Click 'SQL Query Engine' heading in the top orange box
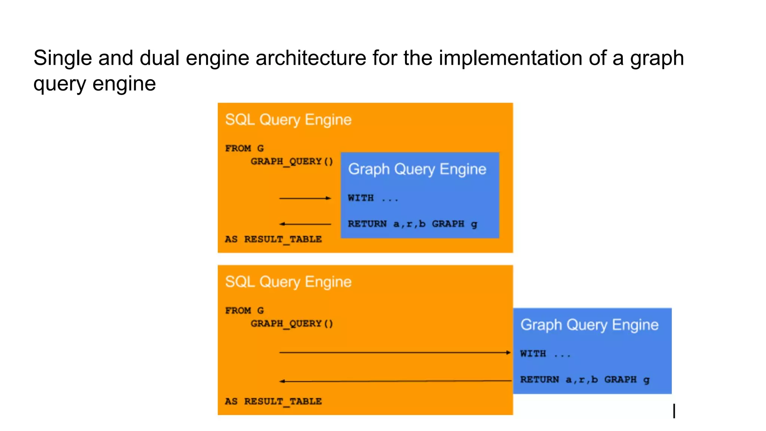[288, 120]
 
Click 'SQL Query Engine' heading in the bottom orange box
[288, 282]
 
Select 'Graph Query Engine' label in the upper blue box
[417, 169]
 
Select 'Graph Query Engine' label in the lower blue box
[589, 325]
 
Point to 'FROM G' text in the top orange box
[244, 149]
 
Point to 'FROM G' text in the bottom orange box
[244, 311]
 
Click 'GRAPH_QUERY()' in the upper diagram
[291, 162]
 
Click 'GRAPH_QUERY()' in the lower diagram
[291, 324]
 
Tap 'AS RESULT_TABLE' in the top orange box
[273, 239]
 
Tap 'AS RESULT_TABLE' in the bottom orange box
[273, 401]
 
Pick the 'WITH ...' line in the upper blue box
[373, 198]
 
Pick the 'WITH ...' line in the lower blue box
[545, 354]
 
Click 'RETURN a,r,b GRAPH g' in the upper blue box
[412, 224]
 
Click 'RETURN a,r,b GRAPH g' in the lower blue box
[585, 380]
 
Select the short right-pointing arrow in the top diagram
[305, 198]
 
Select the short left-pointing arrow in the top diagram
[305, 224]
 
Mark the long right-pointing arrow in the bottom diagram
[395, 352]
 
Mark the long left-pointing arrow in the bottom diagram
[395, 381]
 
